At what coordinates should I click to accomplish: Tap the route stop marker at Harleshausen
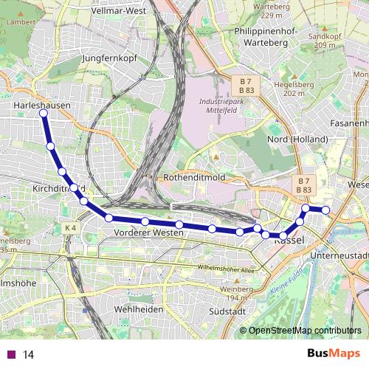[44, 113]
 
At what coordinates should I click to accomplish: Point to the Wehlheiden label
[138, 308]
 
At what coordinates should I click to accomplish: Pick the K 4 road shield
[70, 228]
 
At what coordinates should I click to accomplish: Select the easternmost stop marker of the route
[325, 210]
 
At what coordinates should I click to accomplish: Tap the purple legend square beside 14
[11, 355]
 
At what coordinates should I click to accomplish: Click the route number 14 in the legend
[29, 355]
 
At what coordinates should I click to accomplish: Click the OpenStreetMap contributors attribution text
[305, 330]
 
